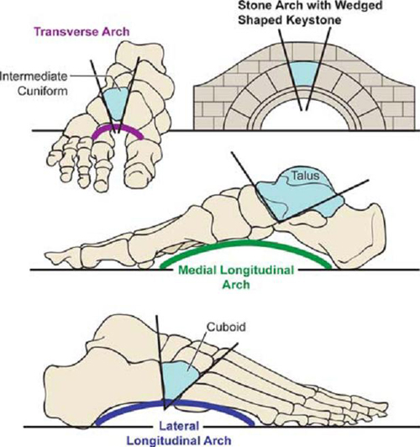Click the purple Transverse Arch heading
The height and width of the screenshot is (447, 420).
pyautogui.click(x=81, y=32)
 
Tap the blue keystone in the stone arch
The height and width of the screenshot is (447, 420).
pyautogui.click(x=304, y=74)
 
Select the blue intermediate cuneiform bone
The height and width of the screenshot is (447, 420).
pyautogui.click(x=117, y=103)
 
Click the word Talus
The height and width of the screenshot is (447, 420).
pyautogui.click(x=306, y=176)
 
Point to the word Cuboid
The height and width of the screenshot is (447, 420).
pyautogui.click(x=226, y=327)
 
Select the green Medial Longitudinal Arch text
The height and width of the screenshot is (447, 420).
pyautogui.click(x=236, y=277)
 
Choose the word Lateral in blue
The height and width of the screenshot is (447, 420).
pyautogui.click(x=179, y=426)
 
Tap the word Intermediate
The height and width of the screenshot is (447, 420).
pyautogui.click(x=34, y=76)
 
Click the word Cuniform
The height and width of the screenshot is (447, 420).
pyautogui.click(x=43, y=91)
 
